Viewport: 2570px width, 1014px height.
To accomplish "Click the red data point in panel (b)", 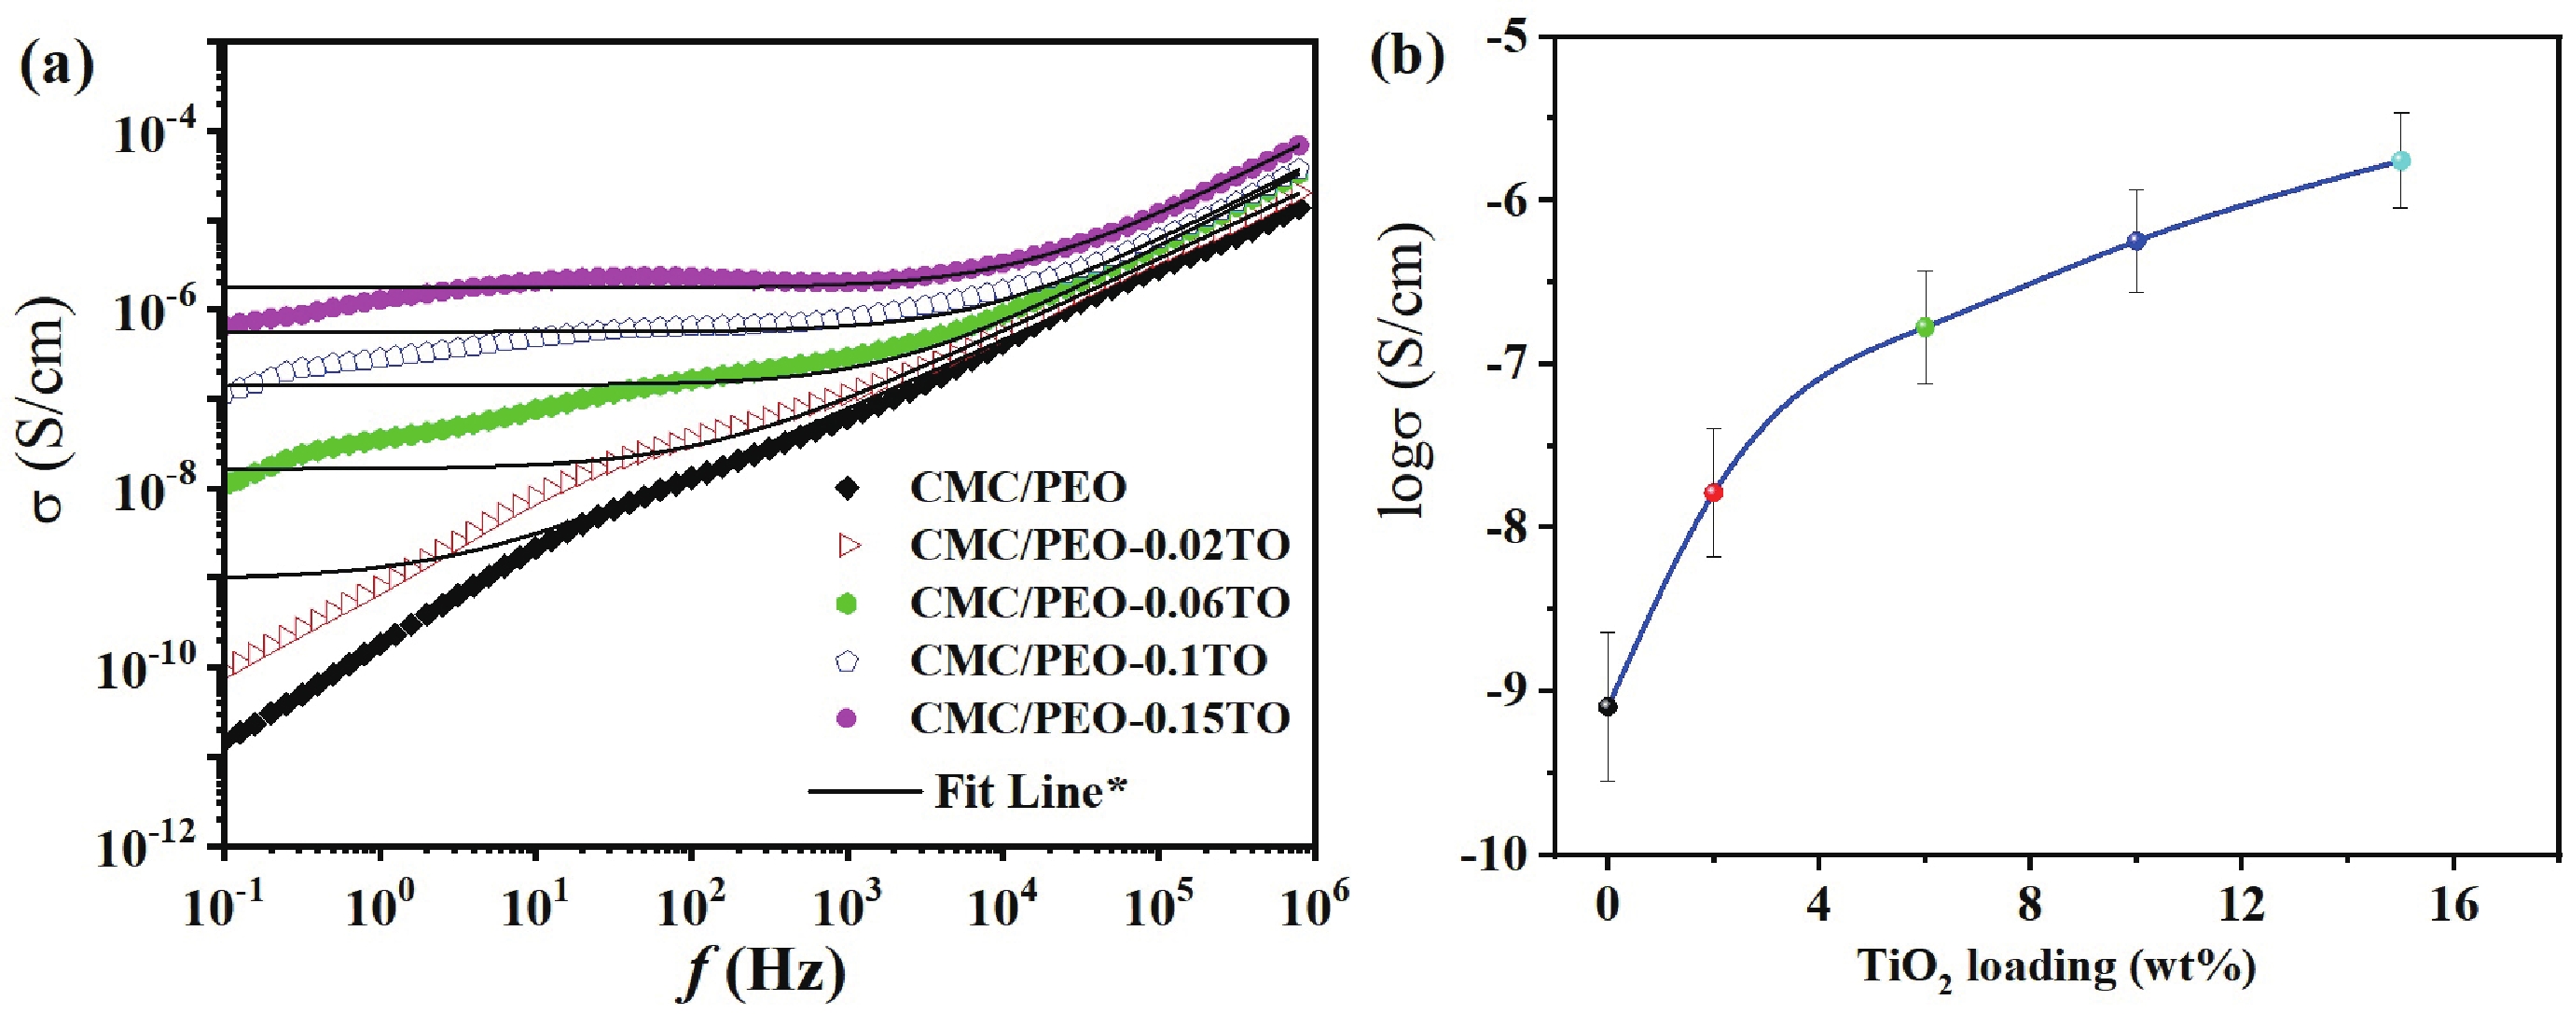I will click(x=1713, y=492).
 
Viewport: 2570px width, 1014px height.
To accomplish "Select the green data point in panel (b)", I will click(x=1925, y=326).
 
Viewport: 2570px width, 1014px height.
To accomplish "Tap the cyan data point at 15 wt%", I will click(x=2400, y=160).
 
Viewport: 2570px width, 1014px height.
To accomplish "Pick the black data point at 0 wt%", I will click(x=1608, y=706).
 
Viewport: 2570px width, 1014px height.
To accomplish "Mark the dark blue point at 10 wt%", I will click(x=2136, y=241).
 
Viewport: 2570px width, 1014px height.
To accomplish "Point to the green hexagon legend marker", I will click(x=847, y=603).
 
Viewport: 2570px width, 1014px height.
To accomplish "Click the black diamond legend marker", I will click(x=847, y=488).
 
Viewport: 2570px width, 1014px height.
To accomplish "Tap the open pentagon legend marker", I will click(x=847, y=660).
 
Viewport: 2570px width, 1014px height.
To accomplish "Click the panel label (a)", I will click(x=57, y=66).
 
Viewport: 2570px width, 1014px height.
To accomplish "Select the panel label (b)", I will click(x=1407, y=57).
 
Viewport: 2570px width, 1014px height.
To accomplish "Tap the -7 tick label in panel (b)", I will click(x=1513, y=362).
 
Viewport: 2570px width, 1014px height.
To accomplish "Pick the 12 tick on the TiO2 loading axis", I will click(x=2240, y=905).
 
